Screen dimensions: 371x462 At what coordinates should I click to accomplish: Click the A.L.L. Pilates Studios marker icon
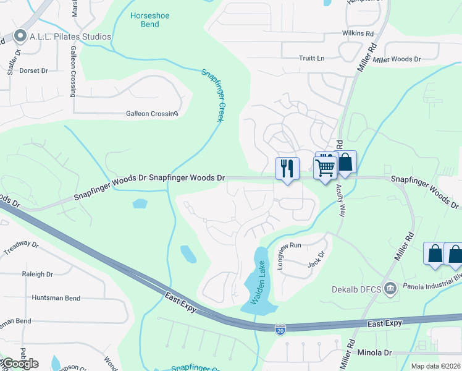[21, 36]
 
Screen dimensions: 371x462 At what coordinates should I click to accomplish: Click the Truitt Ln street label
[312, 58]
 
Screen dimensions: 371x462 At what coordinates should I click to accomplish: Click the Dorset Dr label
[33, 70]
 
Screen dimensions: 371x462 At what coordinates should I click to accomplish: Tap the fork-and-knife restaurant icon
[287, 169]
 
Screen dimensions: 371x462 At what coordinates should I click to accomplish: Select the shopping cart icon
[324, 166]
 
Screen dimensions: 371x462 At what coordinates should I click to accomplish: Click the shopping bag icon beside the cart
[345, 163]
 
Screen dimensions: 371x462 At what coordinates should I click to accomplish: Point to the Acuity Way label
[341, 202]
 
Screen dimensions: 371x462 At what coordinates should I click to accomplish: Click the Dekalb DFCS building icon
[390, 288]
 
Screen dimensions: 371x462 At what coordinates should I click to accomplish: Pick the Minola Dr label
[374, 352]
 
